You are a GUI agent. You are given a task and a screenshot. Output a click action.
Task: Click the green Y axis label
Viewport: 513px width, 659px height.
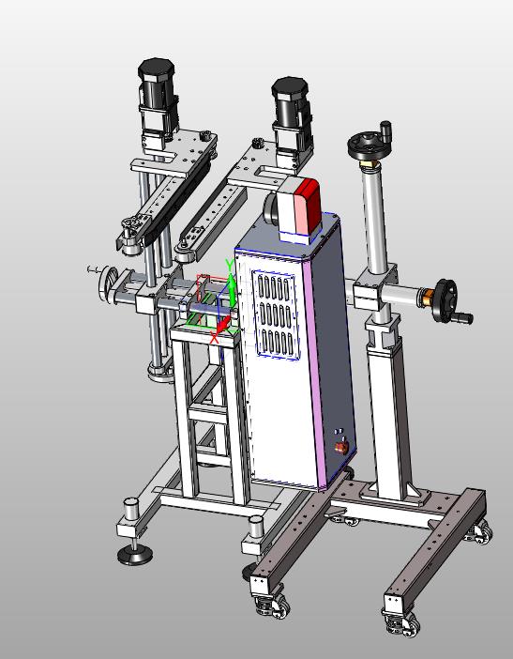[x=229, y=266]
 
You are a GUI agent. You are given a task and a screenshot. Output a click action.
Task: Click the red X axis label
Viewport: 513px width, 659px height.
[x=214, y=338]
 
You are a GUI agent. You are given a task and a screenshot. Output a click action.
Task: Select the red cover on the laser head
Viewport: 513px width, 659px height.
[x=308, y=205]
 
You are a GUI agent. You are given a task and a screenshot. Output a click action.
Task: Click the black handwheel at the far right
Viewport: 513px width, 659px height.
[x=446, y=301]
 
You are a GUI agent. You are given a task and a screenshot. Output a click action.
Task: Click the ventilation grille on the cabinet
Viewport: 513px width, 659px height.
[x=275, y=314]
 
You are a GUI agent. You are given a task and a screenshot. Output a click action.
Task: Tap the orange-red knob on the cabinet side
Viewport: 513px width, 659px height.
[x=340, y=448]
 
